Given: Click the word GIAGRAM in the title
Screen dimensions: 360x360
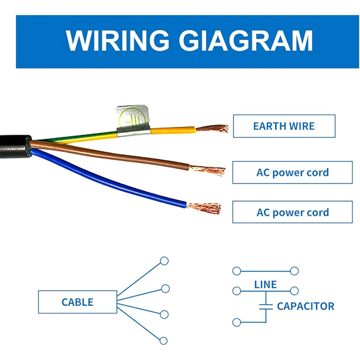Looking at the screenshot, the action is (x=246, y=40).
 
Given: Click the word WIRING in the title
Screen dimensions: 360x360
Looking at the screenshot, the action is (x=118, y=40).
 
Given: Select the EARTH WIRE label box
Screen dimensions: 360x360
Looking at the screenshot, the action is (x=284, y=126).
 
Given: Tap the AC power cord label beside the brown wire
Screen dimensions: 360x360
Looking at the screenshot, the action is (x=292, y=172).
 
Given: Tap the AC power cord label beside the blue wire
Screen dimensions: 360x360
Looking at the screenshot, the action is (x=292, y=212).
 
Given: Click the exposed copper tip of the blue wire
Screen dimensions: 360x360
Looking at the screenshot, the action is (x=204, y=208).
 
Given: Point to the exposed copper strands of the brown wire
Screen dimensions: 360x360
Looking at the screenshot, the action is (x=208, y=170).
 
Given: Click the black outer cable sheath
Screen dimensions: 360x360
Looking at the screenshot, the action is (x=15, y=147).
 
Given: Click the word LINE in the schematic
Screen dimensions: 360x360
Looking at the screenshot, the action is (x=265, y=284).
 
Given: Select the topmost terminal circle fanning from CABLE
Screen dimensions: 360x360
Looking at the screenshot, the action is (x=164, y=261).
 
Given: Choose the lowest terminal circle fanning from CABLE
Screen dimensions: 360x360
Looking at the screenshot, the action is (x=163, y=341).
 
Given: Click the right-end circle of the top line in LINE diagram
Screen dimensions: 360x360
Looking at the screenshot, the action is (x=294, y=271).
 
